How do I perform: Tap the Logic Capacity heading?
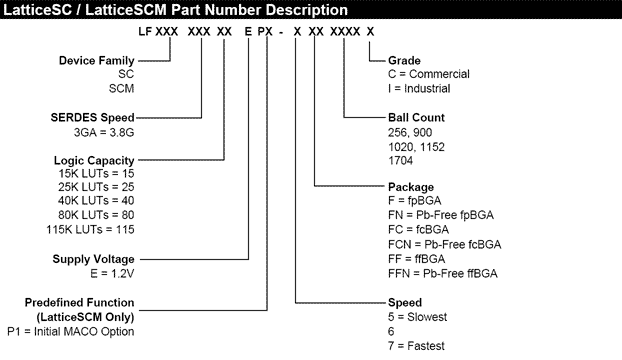point(91,160)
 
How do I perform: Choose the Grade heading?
point(403,59)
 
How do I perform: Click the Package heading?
point(411,187)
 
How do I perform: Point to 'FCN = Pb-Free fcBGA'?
point(444,244)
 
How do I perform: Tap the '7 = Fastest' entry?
point(419,345)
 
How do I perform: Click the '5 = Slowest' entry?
point(419,316)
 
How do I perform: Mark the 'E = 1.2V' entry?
point(112,273)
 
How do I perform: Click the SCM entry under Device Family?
point(121,87)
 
